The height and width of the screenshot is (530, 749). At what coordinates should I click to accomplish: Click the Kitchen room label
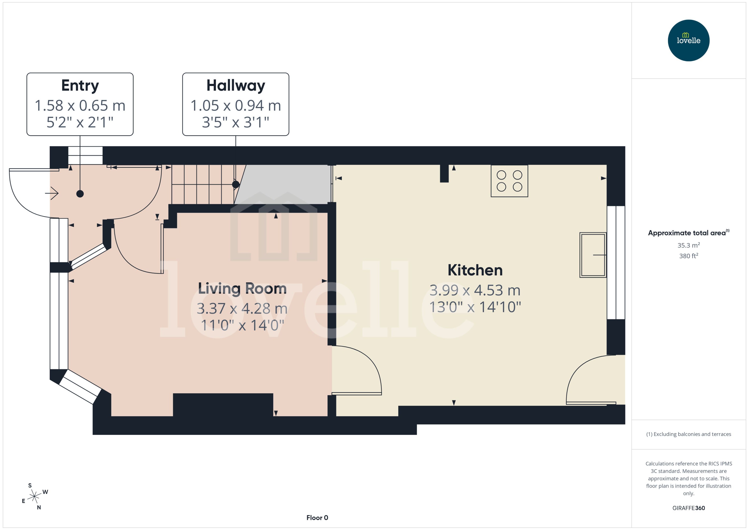click(x=475, y=270)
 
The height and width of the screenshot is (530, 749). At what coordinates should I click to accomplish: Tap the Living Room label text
click(x=242, y=288)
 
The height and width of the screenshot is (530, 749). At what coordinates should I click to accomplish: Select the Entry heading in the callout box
click(x=80, y=86)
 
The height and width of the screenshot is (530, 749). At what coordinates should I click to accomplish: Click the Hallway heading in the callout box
click(x=236, y=86)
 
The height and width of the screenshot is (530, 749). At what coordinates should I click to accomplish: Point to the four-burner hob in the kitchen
click(x=509, y=181)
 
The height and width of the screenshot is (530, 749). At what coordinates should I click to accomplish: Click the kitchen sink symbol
click(x=593, y=255)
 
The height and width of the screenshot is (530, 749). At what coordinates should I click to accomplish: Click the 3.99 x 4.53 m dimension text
click(x=475, y=290)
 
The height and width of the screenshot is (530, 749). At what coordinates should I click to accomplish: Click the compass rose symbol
click(x=34, y=497)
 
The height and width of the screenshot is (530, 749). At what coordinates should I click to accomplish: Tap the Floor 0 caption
click(x=317, y=518)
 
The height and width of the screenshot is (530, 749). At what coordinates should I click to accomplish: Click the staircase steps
click(x=202, y=184)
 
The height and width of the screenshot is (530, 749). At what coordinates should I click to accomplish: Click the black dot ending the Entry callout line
click(x=80, y=194)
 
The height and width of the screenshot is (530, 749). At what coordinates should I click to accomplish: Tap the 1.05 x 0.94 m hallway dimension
click(x=236, y=105)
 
